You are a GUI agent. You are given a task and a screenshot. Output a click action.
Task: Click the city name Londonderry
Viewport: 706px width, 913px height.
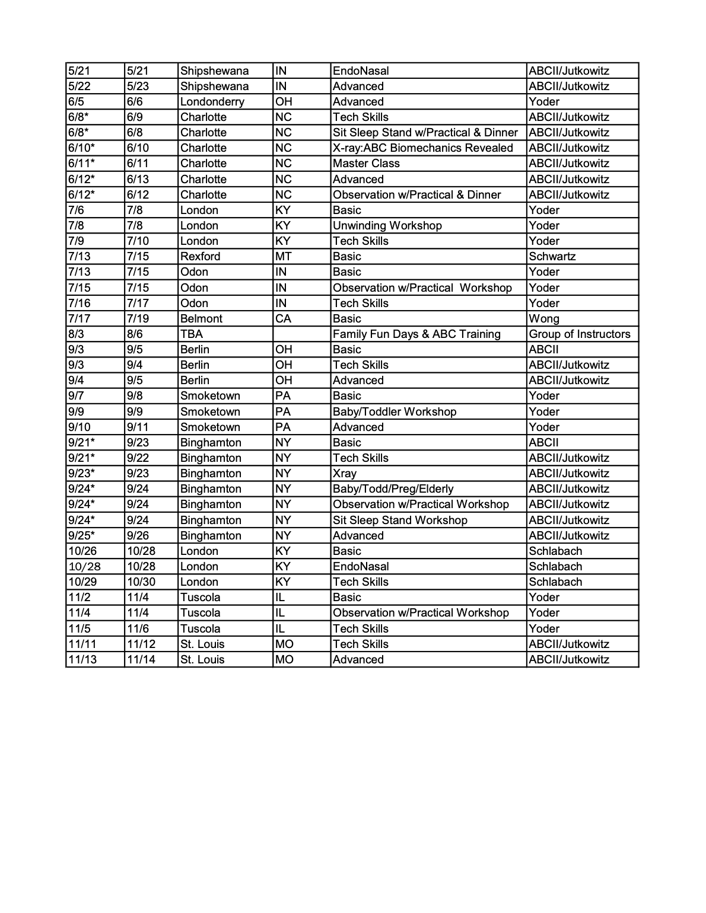tap(212, 101)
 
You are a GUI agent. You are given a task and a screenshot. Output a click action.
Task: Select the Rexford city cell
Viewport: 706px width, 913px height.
tap(200, 256)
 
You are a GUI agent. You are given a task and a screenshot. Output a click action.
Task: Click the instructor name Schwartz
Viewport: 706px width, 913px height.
tap(552, 256)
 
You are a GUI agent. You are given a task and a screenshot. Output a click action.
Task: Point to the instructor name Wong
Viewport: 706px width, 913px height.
tap(543, 318)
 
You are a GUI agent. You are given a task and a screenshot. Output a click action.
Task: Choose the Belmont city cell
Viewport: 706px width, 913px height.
tap(201, 318)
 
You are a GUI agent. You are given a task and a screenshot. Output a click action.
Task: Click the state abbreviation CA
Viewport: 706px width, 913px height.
tap(283, 318)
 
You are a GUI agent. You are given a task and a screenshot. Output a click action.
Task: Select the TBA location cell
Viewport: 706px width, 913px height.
tap(191, 334)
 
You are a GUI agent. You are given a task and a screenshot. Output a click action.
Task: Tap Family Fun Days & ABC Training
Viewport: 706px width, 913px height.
tap(416, 334)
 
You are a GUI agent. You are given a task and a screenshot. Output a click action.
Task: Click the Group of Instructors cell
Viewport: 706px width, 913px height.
tap(579, 334)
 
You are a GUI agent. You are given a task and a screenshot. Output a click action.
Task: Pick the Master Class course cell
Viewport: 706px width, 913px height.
tap(366, 163)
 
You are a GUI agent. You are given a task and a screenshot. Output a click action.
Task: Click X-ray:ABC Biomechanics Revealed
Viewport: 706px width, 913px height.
tap(422, 148)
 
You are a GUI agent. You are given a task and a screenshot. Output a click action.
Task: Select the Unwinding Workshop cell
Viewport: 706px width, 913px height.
tap(387, 225)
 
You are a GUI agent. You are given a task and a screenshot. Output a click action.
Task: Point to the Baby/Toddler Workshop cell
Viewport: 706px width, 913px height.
tap(395, 411)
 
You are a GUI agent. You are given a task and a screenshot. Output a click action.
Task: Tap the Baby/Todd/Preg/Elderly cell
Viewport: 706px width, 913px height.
tap(393, 489)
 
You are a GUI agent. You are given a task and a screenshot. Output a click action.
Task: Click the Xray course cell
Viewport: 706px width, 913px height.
tap(345, 473)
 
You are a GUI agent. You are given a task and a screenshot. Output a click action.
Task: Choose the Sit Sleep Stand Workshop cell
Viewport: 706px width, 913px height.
tap(400, 520)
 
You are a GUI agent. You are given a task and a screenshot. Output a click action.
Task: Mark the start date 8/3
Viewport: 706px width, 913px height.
tap(75, 334)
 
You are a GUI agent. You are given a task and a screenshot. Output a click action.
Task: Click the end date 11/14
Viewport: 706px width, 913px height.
tap(141, 659)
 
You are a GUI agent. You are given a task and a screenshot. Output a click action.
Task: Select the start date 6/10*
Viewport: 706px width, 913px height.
tap(81, 148)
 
